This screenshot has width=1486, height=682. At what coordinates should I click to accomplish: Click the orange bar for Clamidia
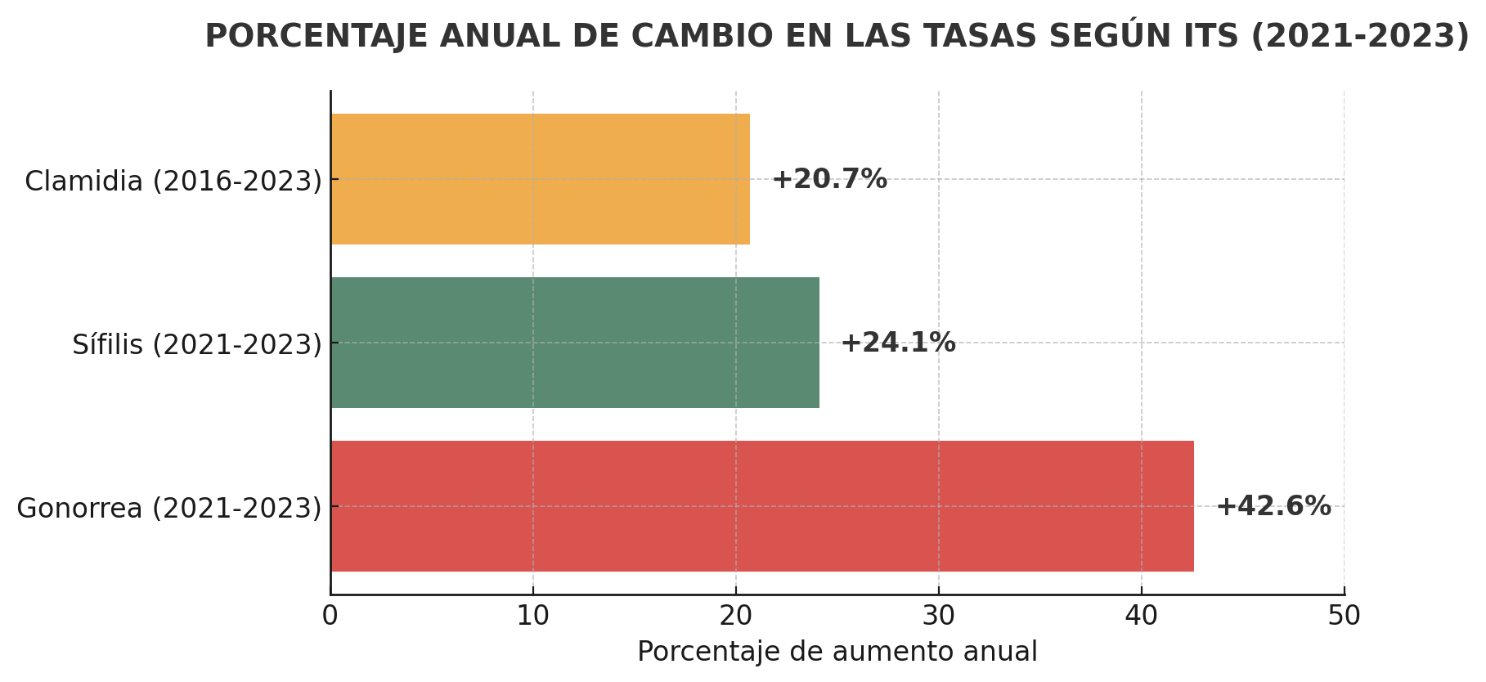pos(540,179)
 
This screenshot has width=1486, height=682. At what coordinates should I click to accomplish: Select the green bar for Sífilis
pos(575,343)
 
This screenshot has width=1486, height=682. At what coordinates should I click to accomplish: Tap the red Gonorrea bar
pos(761,506)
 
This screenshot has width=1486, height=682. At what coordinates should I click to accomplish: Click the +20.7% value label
pos(829,179)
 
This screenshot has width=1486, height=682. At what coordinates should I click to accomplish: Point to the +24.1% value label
pos(898,343)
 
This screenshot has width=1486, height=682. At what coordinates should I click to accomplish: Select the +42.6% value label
pos(1273,506)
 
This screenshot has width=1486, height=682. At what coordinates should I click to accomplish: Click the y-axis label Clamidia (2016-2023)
pos(173,181)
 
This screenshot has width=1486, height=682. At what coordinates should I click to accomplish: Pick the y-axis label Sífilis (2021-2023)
pos(197,344)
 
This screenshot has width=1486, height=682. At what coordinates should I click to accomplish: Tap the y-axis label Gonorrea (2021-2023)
pos(169,508)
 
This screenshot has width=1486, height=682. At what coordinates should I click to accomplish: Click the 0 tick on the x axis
pos(330,616)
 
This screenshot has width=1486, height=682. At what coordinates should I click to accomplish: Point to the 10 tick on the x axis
pos(533,616)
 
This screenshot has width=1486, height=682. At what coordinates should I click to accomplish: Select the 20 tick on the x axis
pos(736,616)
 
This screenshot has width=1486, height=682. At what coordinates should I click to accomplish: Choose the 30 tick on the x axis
pos(939,616)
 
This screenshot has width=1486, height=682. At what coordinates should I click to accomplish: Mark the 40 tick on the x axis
pos(1142,616)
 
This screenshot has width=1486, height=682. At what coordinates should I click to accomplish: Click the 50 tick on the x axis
pos(1345,616)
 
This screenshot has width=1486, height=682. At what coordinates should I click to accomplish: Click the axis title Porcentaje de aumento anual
pos(837,652)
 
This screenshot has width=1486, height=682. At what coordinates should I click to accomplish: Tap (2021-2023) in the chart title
pos(1360,36)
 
